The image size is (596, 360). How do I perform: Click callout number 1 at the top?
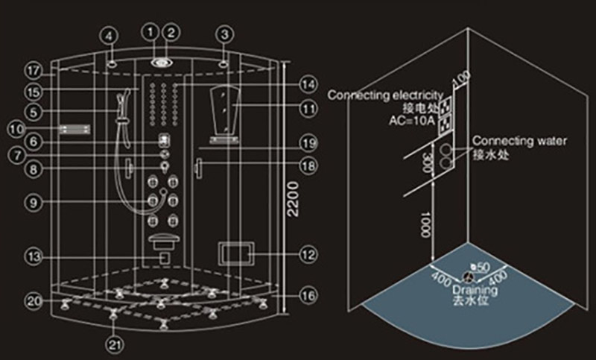coord(151,32)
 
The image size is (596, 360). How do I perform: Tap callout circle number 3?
coord(224,34)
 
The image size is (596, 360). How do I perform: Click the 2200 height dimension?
coord(292,198)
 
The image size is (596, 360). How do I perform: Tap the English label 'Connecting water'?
coord(520,141)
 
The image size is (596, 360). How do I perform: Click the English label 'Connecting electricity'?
coord(386,95)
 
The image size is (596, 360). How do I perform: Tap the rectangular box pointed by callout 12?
coord(236,253)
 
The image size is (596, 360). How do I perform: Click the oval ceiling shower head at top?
coord(161,62)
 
